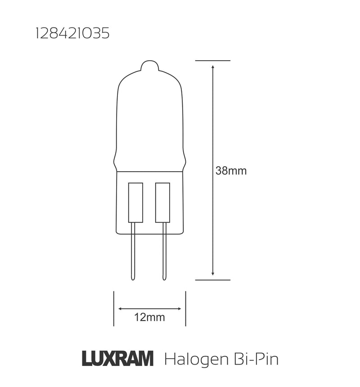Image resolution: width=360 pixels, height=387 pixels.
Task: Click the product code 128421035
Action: pos(72,34)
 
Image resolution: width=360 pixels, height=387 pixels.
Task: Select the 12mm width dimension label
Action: pos(149,317)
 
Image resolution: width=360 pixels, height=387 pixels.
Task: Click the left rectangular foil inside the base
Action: pos(135,202)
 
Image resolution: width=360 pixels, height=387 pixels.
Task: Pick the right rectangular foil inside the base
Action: pos(162,202)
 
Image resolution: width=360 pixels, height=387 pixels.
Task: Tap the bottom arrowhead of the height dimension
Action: pos(213,273)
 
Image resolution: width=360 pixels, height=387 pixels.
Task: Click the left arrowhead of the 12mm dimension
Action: pos(120,308)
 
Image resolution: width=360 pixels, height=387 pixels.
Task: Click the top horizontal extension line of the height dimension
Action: pos(213,60)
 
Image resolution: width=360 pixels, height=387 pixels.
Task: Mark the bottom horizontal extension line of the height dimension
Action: pos(213,279)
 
